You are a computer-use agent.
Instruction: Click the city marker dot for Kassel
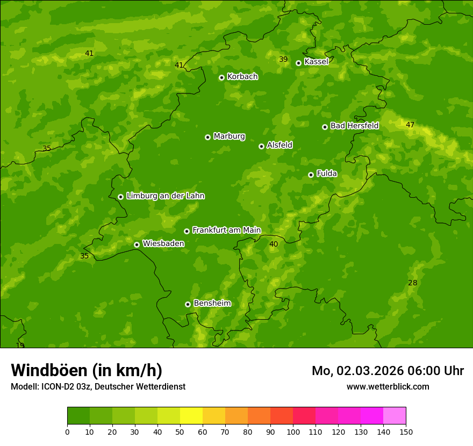tap(298, 63)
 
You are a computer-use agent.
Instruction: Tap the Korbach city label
tap(242, 77)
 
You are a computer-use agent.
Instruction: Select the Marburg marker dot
tap(207, 137)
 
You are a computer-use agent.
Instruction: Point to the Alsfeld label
tap(279, 145)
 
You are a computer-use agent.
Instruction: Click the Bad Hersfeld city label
tap(354, 126)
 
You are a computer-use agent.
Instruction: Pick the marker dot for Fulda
tap(311, 175)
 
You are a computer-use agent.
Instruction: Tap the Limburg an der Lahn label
tap(165, 196)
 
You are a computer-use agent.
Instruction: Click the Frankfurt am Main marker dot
tap(187, 231)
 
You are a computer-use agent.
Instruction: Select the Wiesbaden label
tap(163, 243)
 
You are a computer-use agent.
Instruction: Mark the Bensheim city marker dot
tap(188, 304)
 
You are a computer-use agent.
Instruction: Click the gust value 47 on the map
tap(410, 125)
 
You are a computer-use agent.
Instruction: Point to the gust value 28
tap(413, 283)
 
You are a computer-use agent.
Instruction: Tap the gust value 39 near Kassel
tap(283, 59)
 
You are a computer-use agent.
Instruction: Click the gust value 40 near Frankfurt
tap(274, 244)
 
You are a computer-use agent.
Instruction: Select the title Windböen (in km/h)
tap(87, 370)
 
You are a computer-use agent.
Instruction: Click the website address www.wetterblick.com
tap(388, 386)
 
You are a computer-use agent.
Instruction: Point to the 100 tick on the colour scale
tap(293, 431)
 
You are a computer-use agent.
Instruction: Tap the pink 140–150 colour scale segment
tap(395, 416)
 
